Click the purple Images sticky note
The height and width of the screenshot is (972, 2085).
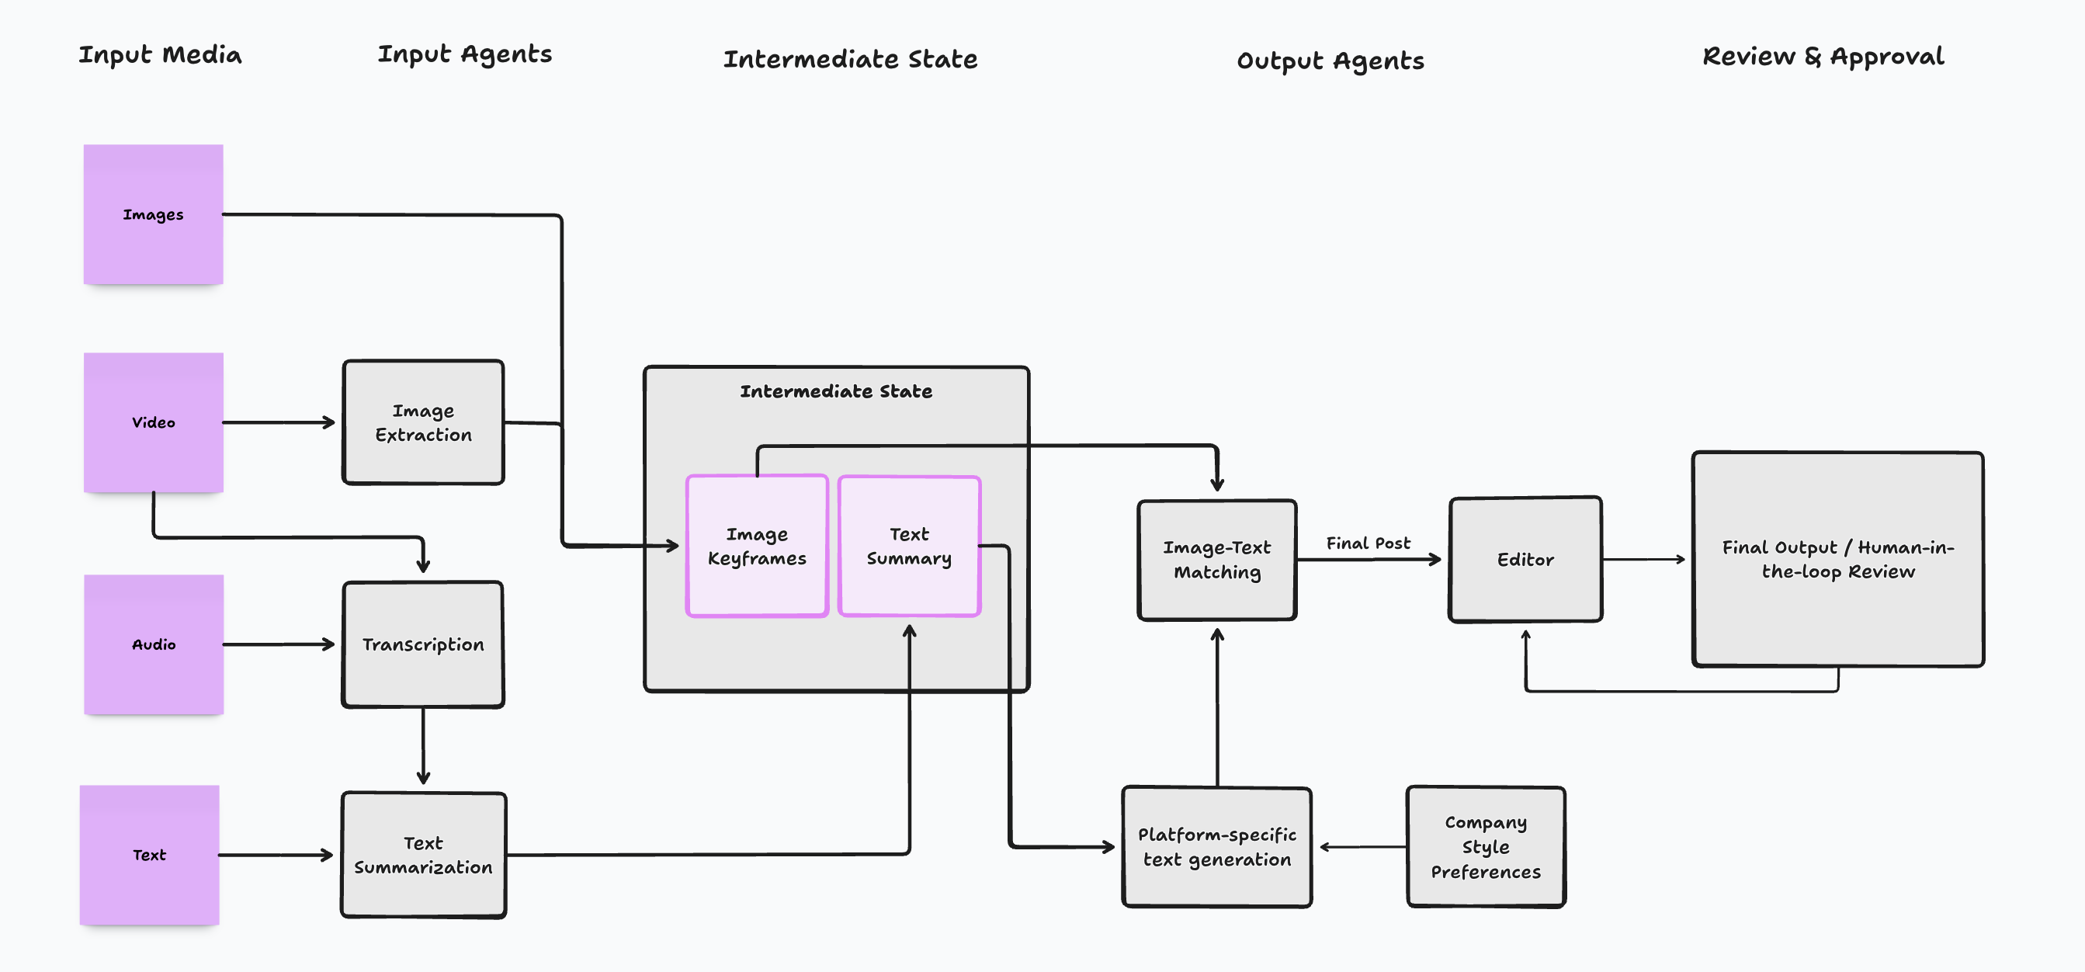[x=153, y=214]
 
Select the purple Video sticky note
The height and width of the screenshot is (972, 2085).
[x=153, y=422]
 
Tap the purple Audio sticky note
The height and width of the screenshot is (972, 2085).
[x=153, y=644]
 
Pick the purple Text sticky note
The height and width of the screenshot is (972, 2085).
[x=149, y=855]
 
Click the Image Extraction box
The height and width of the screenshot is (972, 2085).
[x=422, y=422]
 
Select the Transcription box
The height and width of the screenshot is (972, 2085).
[x=422, y=644]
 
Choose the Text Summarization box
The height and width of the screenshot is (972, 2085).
[x=422, y=855]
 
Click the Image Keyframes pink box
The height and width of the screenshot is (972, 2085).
[x=756, y=547]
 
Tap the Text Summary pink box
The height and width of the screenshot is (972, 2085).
[x=908, y=547]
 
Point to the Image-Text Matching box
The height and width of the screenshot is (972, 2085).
[x=1216, y=560]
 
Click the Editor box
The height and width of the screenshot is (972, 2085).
[x=1524, y=559]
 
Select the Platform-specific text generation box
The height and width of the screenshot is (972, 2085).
[x=1216, y=846]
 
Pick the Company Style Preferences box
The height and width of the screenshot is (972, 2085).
[x=1484, y=846]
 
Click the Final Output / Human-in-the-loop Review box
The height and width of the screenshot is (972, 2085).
[x=1837, y=559]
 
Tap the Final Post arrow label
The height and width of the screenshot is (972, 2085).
[x=1367, y=543]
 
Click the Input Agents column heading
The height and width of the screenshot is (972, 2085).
[x=465, y=54]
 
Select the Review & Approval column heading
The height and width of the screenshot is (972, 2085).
[x=1822, y=57]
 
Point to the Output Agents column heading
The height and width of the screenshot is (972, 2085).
[x=1330, y=61]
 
